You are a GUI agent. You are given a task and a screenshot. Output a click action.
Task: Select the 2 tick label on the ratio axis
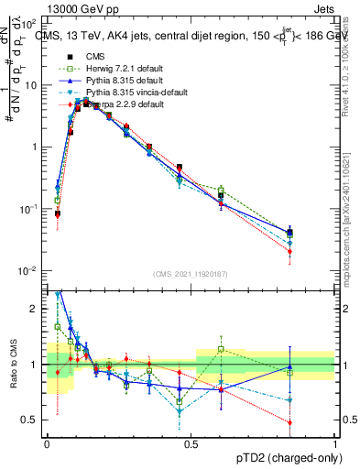tap(35, 309)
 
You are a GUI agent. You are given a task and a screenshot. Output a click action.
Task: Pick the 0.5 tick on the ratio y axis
tap(30, 420)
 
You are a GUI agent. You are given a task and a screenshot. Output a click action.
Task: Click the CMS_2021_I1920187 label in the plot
tap(190, 274)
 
